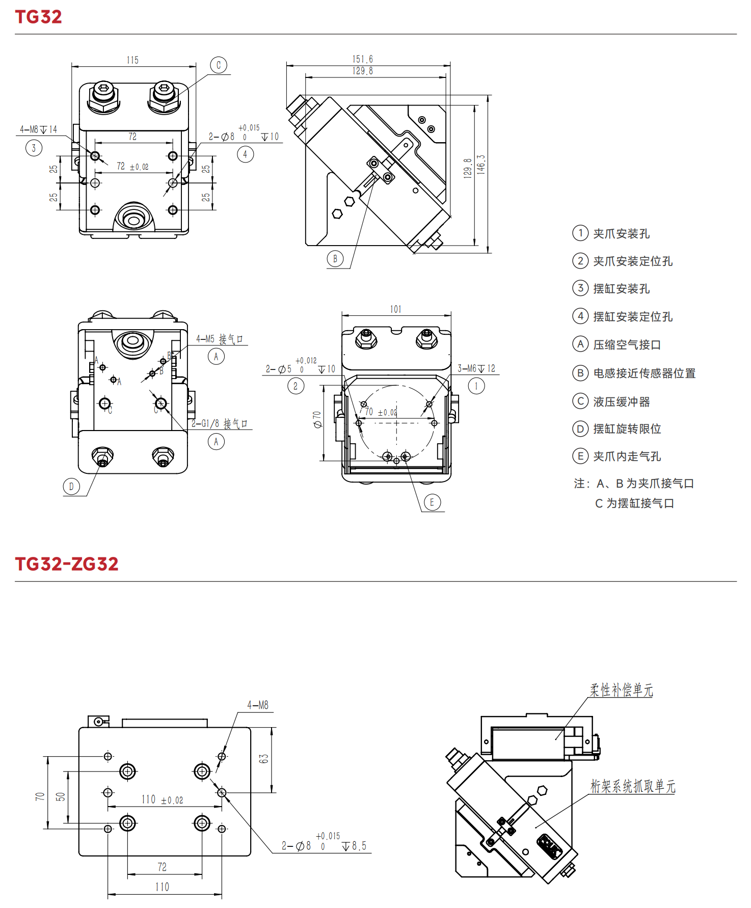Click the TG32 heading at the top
38,17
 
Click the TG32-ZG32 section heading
67,564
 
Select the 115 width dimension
132,60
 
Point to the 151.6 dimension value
362,59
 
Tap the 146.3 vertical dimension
481,165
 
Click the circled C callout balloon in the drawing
219,65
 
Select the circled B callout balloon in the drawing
335,259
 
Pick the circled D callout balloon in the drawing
71,487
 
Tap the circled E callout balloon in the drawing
432,502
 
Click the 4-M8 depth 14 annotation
39,129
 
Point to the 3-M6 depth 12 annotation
476,368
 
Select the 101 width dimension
396,309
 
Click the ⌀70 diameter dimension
317,419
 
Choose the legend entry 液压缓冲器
622,402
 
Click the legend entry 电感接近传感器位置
644,373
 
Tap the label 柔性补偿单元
622,690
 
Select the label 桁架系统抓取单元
633,786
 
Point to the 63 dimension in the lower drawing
263,759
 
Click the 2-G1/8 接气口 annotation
220,423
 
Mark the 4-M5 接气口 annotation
220,339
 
